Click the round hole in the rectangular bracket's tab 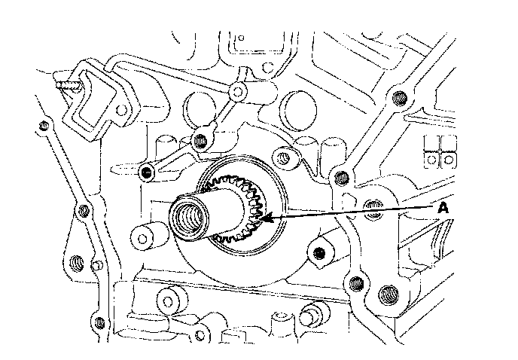pos(237,92)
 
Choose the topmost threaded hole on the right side pos(398,97)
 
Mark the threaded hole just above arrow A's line pos(341,178)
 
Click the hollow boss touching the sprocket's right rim pos(284,157)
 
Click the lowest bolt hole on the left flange pos(75,263)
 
